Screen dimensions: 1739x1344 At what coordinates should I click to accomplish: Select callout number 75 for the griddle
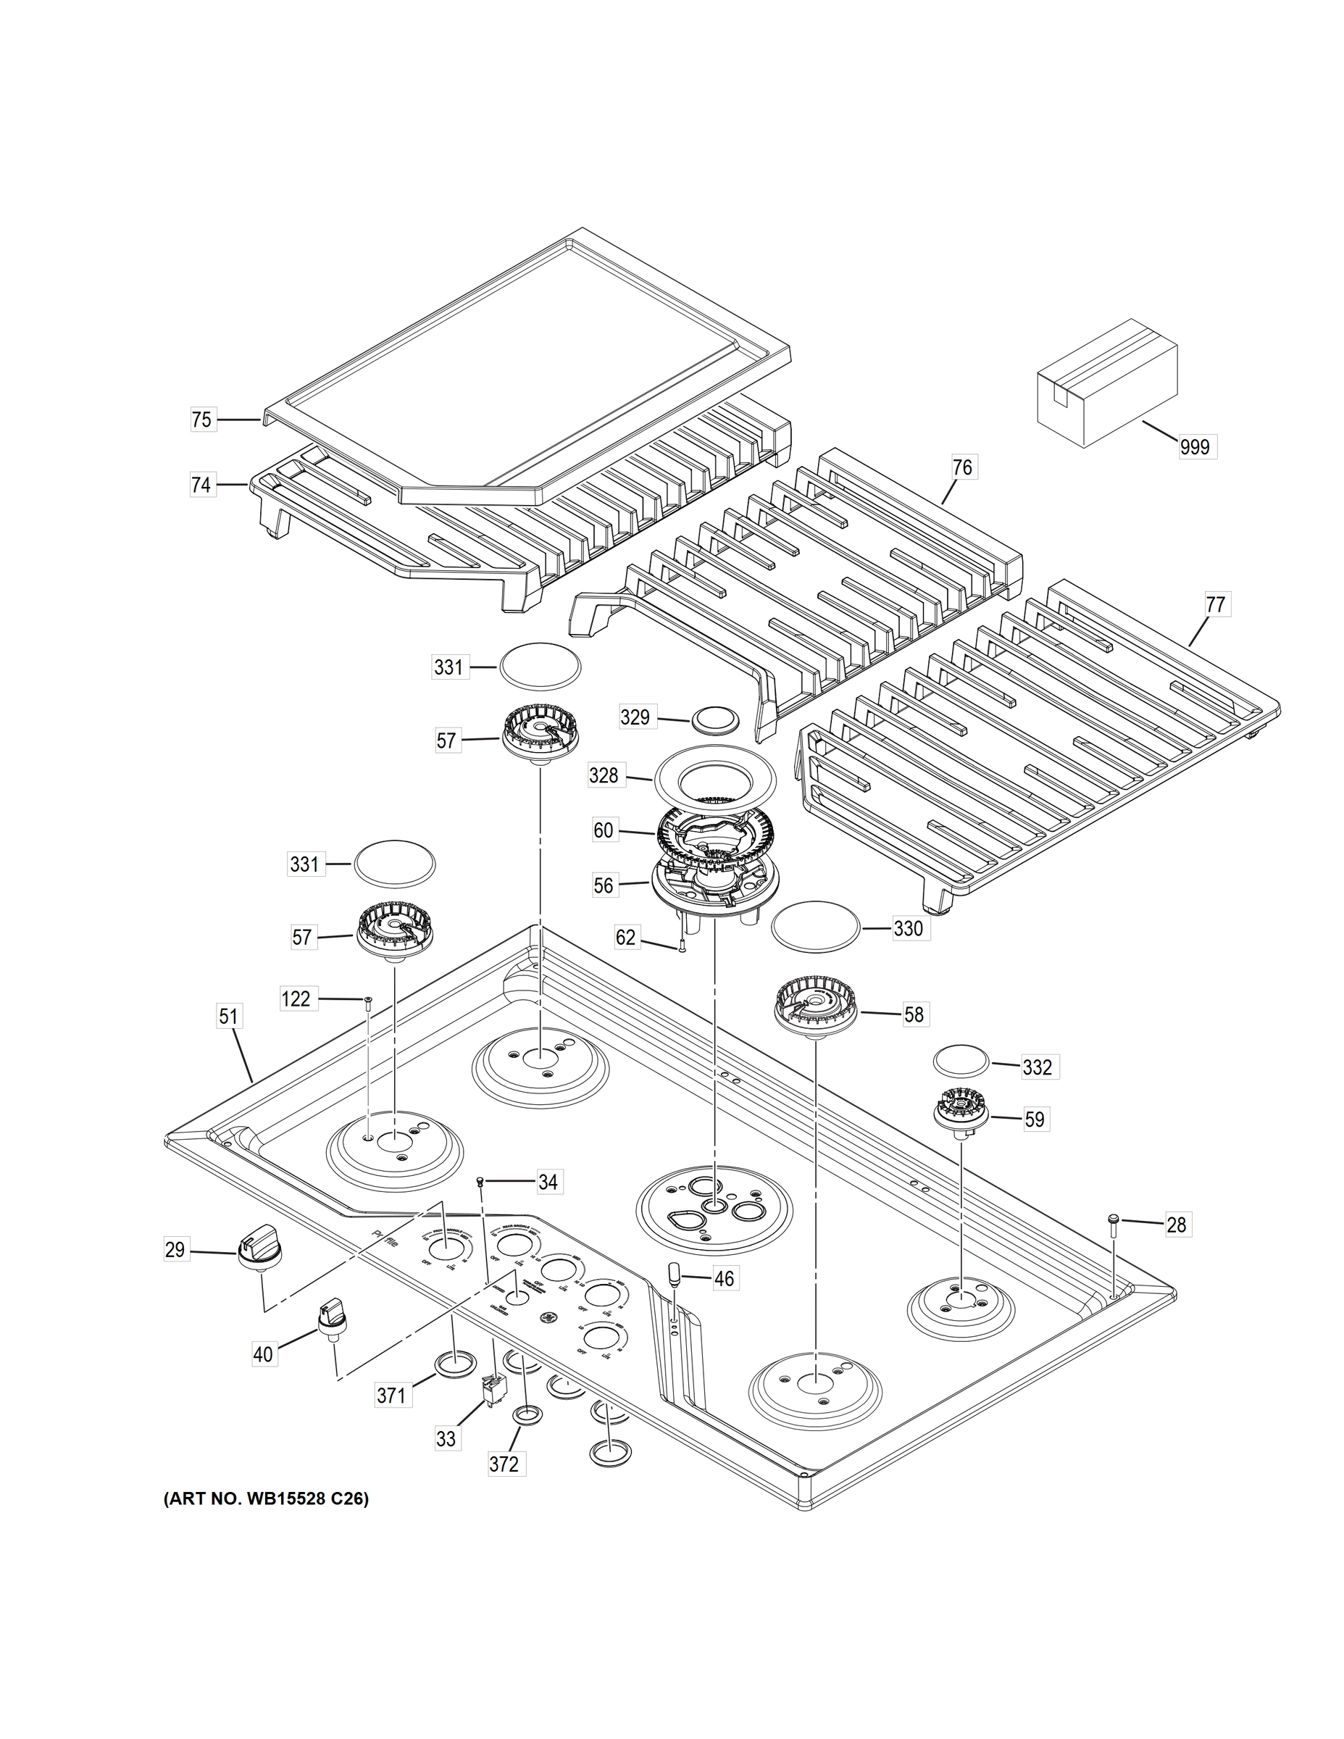202,419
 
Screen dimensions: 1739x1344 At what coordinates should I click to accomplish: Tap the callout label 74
202,484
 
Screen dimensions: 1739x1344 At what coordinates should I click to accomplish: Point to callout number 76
963,467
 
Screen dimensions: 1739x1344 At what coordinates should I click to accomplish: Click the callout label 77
1215,604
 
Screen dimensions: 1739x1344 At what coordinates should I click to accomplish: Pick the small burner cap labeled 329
716,718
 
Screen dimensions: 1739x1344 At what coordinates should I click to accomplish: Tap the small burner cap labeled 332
961,1062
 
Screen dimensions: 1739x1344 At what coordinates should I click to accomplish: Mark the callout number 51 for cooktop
229,1017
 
